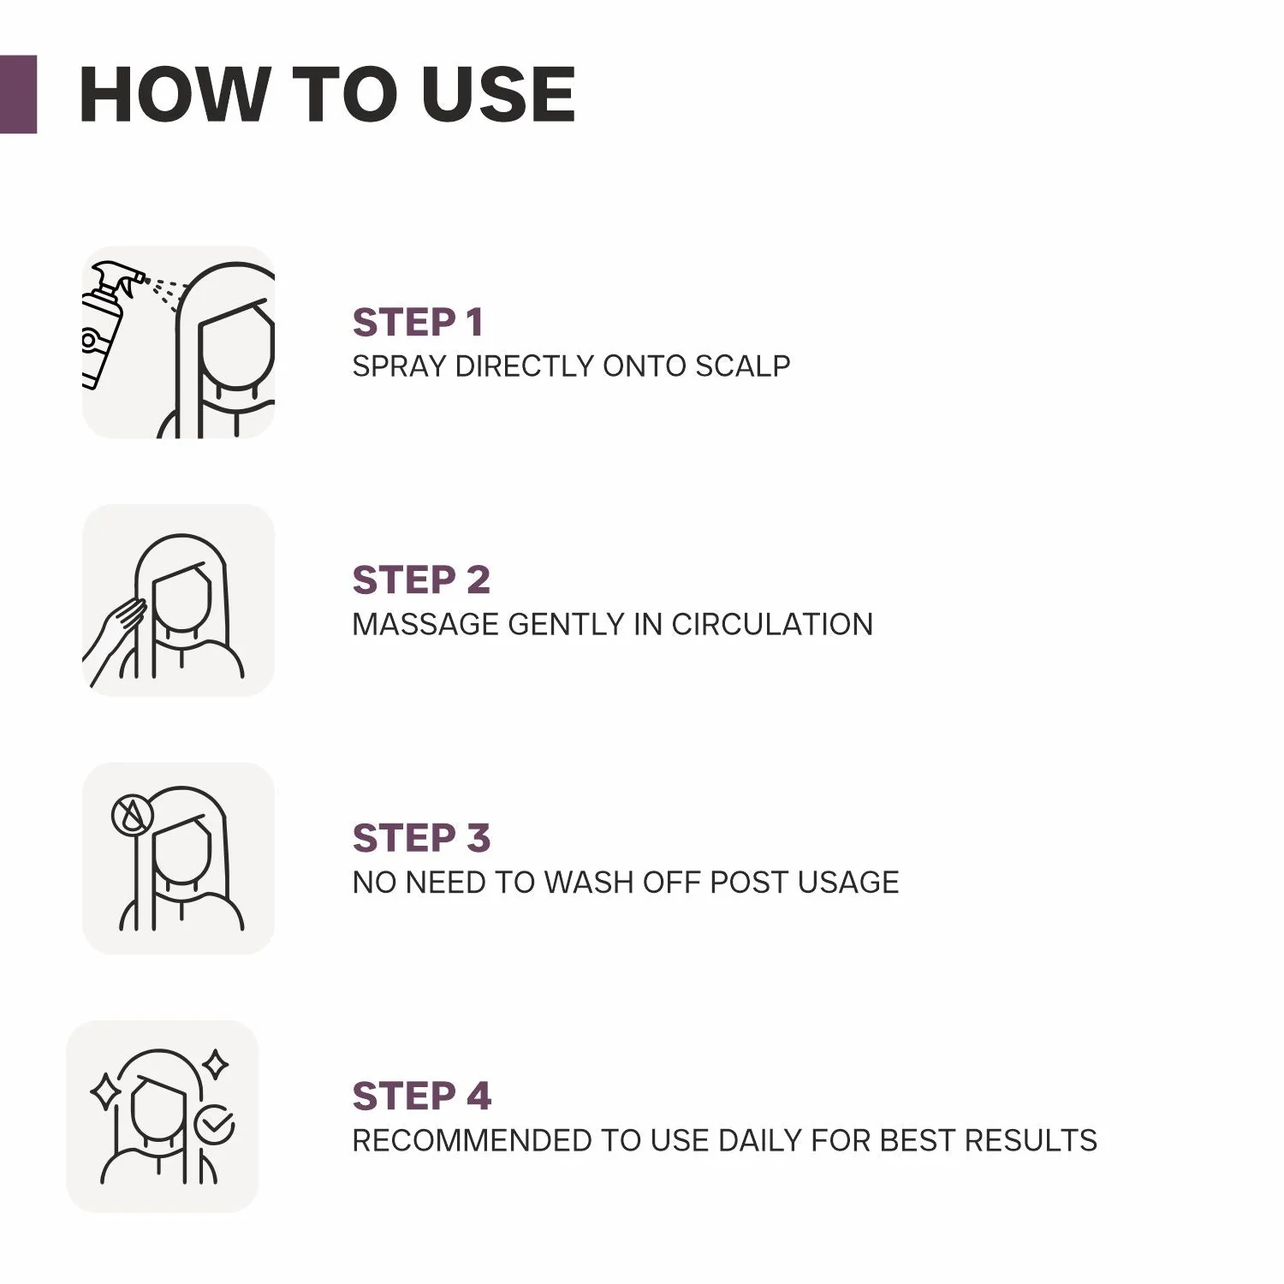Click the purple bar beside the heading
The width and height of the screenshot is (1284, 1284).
tap(18, 94)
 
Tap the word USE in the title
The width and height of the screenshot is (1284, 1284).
tap(498, 94)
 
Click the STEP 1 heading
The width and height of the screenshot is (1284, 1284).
tap(418, 323)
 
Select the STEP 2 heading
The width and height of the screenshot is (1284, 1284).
tap(421, 580)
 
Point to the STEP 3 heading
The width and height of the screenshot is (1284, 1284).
tap(421, 838)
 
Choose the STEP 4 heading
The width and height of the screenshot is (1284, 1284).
tap(422, 1097)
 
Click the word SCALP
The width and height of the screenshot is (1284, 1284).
tap(743, 366)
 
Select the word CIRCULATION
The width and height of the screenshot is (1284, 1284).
tap(772, 624)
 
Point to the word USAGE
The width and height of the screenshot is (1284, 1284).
tap(848, 883)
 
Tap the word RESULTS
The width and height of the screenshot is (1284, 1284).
tap(1031, 1141)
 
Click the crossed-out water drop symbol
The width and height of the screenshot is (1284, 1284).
tap(133, 816)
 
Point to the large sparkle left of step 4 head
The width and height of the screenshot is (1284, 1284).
tap(105, 1091)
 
